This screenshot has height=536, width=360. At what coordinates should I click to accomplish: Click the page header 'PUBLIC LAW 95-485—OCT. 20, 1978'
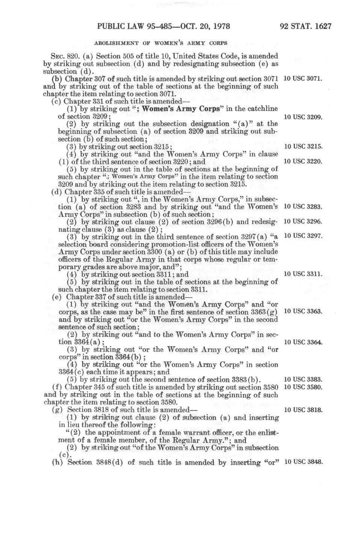(x=163, y=26)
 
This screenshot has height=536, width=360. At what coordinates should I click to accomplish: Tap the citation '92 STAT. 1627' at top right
(x=306, y=26)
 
